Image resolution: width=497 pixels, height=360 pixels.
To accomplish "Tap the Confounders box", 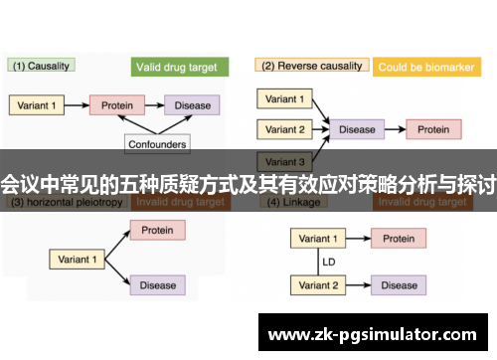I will pyautogui.click(x=156, y=143).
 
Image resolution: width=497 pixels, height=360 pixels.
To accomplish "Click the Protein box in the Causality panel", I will pyautogui.click(x=118, y=104).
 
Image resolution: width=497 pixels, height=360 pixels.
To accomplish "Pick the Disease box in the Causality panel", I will pyautogui.click(x=192, y=104).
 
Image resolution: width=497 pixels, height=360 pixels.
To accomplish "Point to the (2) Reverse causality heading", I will pyautogui.click(x=309, y=67).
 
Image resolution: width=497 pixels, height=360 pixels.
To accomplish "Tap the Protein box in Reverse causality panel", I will pyautogui.click(x=433, y=129).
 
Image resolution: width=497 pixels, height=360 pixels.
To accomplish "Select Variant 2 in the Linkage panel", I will pyautogui.click(x=319, y=285).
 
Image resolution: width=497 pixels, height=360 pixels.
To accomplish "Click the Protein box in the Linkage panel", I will pyautogui.click(x=400, y=239).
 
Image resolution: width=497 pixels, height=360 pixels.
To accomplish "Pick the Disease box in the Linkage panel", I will pyautogui.click(x=400, y=285).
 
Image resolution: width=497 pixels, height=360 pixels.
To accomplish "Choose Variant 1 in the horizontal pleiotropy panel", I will pyautogui.click(x=79, y=259).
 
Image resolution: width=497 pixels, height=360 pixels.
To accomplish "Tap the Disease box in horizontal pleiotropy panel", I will pyautogui.click(x=157, y=285).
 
